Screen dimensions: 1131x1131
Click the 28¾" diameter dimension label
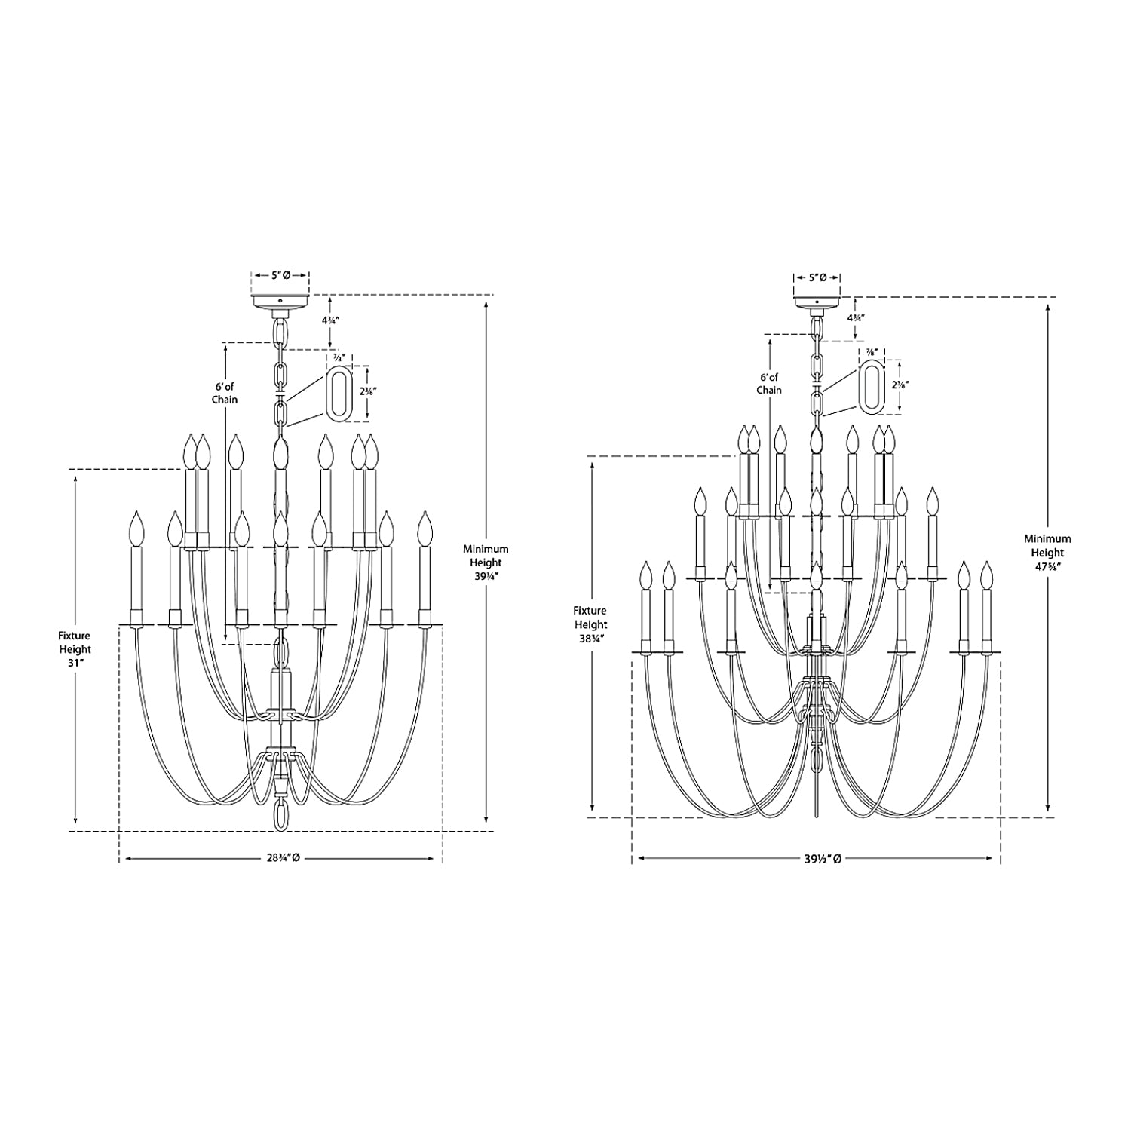point(280,858)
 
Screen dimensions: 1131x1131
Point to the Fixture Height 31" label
point(75,649)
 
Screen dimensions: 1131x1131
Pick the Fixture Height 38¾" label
point(590,624)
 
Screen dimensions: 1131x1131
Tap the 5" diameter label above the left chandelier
point(280,276)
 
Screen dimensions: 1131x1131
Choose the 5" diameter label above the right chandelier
point(817,277)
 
